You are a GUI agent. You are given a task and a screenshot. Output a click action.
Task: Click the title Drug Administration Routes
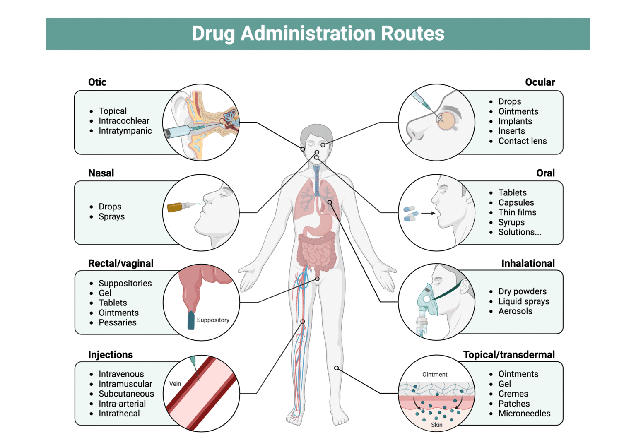pyautogui.click(x=318, y=34)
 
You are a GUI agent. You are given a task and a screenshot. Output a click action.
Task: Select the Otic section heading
pyautogui.click(x=97, y=82)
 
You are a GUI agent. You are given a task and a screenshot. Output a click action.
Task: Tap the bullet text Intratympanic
pyautogui.click(x=125, y=131)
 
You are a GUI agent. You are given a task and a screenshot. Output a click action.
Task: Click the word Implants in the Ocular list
pyautogui.click(x=515, y=121)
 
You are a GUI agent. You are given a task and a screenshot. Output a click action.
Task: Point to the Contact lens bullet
pyautogui.click(x=522, y=141)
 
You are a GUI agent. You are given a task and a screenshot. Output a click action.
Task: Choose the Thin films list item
pyautogui.click(x=517, y=212)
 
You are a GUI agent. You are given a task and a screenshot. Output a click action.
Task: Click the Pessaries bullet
pyautogui.click(x=117, y=322)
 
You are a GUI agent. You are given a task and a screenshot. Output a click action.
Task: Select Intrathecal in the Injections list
pyautogui.click(x=119, y=414)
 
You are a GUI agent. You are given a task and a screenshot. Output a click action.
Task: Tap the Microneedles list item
pyautogui.click(x=524, y=414)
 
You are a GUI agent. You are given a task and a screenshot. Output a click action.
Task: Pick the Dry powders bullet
pyautogui.click(x=522, y=291)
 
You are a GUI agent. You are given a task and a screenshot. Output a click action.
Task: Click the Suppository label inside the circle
pyautogui.click(x=213, y=320)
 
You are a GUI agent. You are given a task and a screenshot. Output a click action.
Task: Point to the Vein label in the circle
pyautogui.click(x=175, y=384)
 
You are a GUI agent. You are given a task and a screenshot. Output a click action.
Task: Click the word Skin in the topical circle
pyautogui.click(x=436, y=425)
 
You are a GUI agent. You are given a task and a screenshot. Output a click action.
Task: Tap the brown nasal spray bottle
pyautogui.click(x=176, y=207)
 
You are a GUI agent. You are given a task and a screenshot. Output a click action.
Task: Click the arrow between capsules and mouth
pyautogui.click(x=428, y=214)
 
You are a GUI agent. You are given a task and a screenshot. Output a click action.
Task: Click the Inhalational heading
pyautogui.click(x=528, y=263)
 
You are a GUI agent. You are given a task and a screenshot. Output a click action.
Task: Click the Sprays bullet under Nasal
pyautogui.click(x=111, y=216)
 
